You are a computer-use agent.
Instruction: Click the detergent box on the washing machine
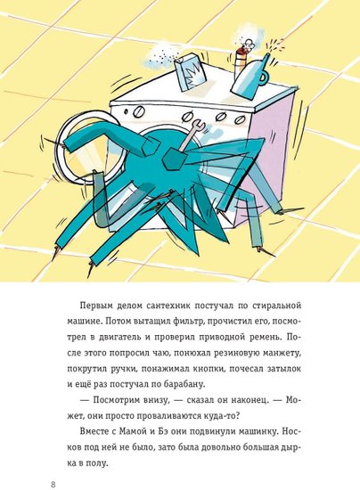pyautogui.click(x=190, y=73)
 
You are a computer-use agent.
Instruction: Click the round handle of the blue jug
pyautogui.click(x=263, y=78)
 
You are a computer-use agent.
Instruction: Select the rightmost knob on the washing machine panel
pyautogui.click(x=239, y=119)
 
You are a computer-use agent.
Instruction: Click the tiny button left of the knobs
pyautogui.click(x=126, y=110)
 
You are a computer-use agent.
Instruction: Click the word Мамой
pyautogui.click(x=133, y=431)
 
